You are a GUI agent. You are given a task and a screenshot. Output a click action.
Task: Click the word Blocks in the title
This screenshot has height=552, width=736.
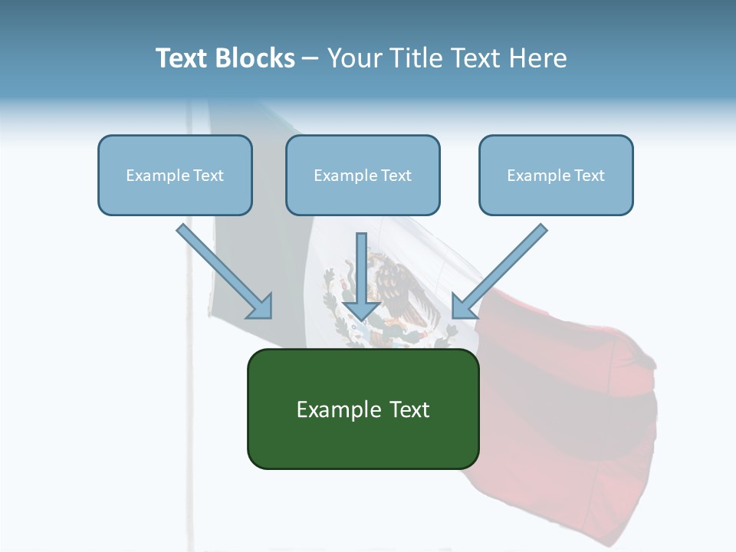click(256, 58)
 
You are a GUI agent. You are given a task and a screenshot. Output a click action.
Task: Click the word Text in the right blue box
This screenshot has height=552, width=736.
click(589, 176)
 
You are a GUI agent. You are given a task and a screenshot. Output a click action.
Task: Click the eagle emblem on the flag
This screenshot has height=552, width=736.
click(399, 295)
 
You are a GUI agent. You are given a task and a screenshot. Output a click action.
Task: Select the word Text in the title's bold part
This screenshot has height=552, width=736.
click(182, 58)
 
